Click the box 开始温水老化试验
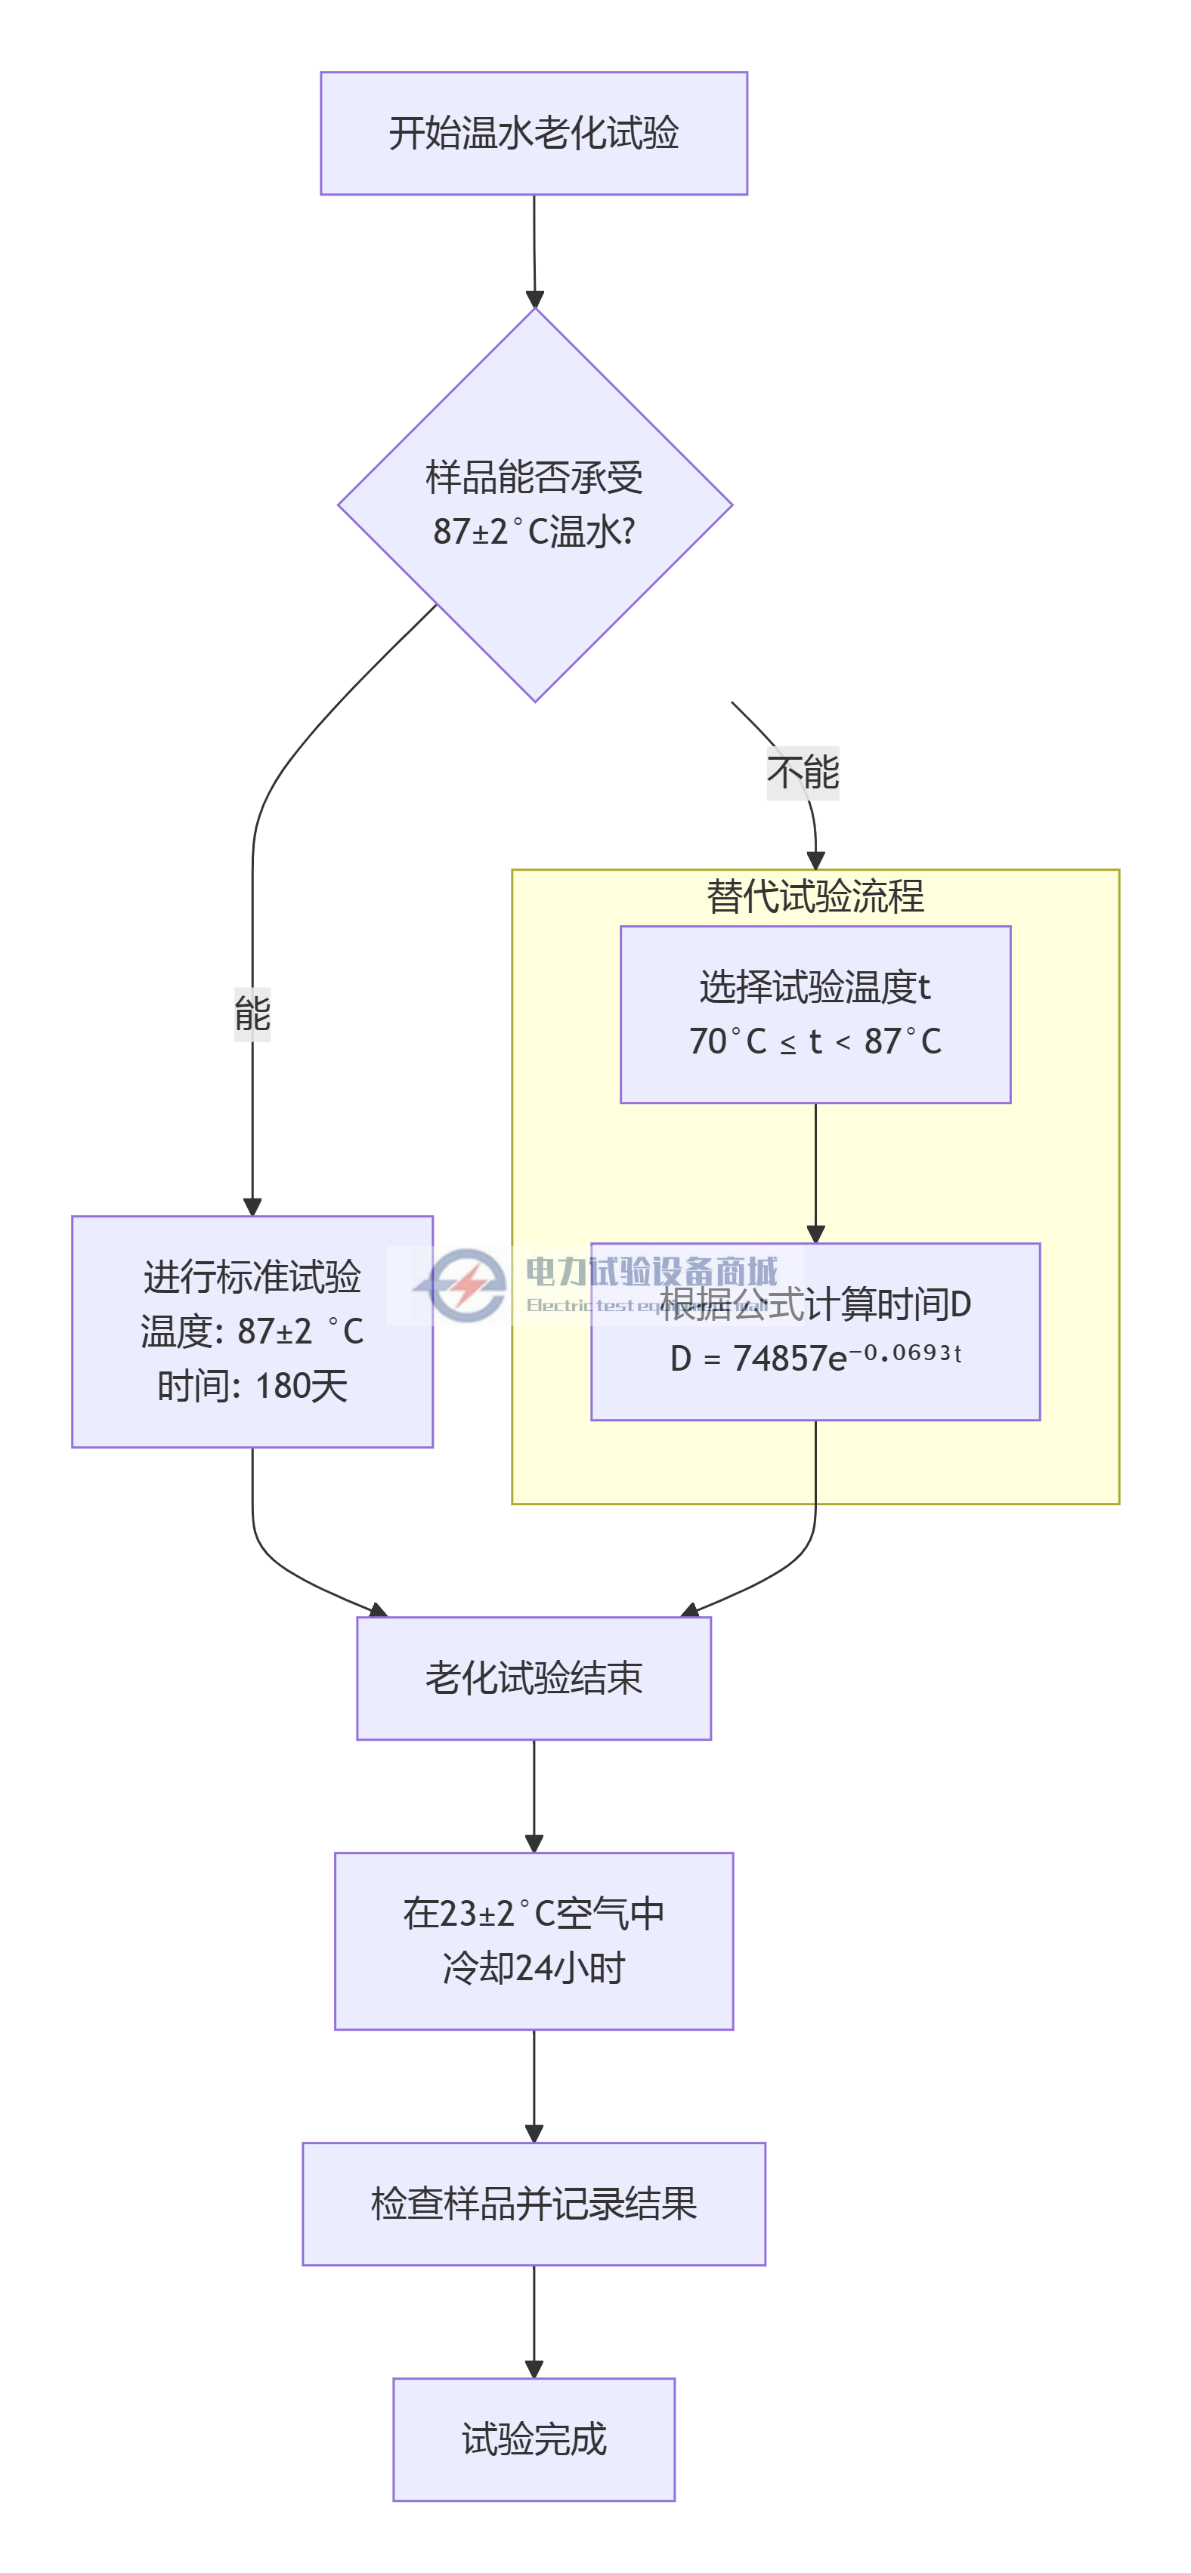[x=534, y=133]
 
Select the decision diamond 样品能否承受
[x=534, y=504]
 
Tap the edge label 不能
[x=803, y=772]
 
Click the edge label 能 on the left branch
[x=252, y=1013]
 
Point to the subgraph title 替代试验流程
[x=815, y=896]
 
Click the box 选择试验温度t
[x=815, y=1013]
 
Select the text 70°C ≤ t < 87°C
[x=815, y=1041]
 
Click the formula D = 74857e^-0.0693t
[x=815, y=1357]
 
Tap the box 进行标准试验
[x=252, y=1331]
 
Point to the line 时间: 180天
[x=252, y=1385]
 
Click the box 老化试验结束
[x=534, y=1678]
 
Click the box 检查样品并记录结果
[x=534, y=2204]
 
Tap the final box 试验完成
[x=534, y=2439]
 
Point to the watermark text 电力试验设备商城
[x=651, y=1272]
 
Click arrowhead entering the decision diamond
[x=534, y=298]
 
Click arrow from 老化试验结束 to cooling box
[x=534, y=1795]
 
